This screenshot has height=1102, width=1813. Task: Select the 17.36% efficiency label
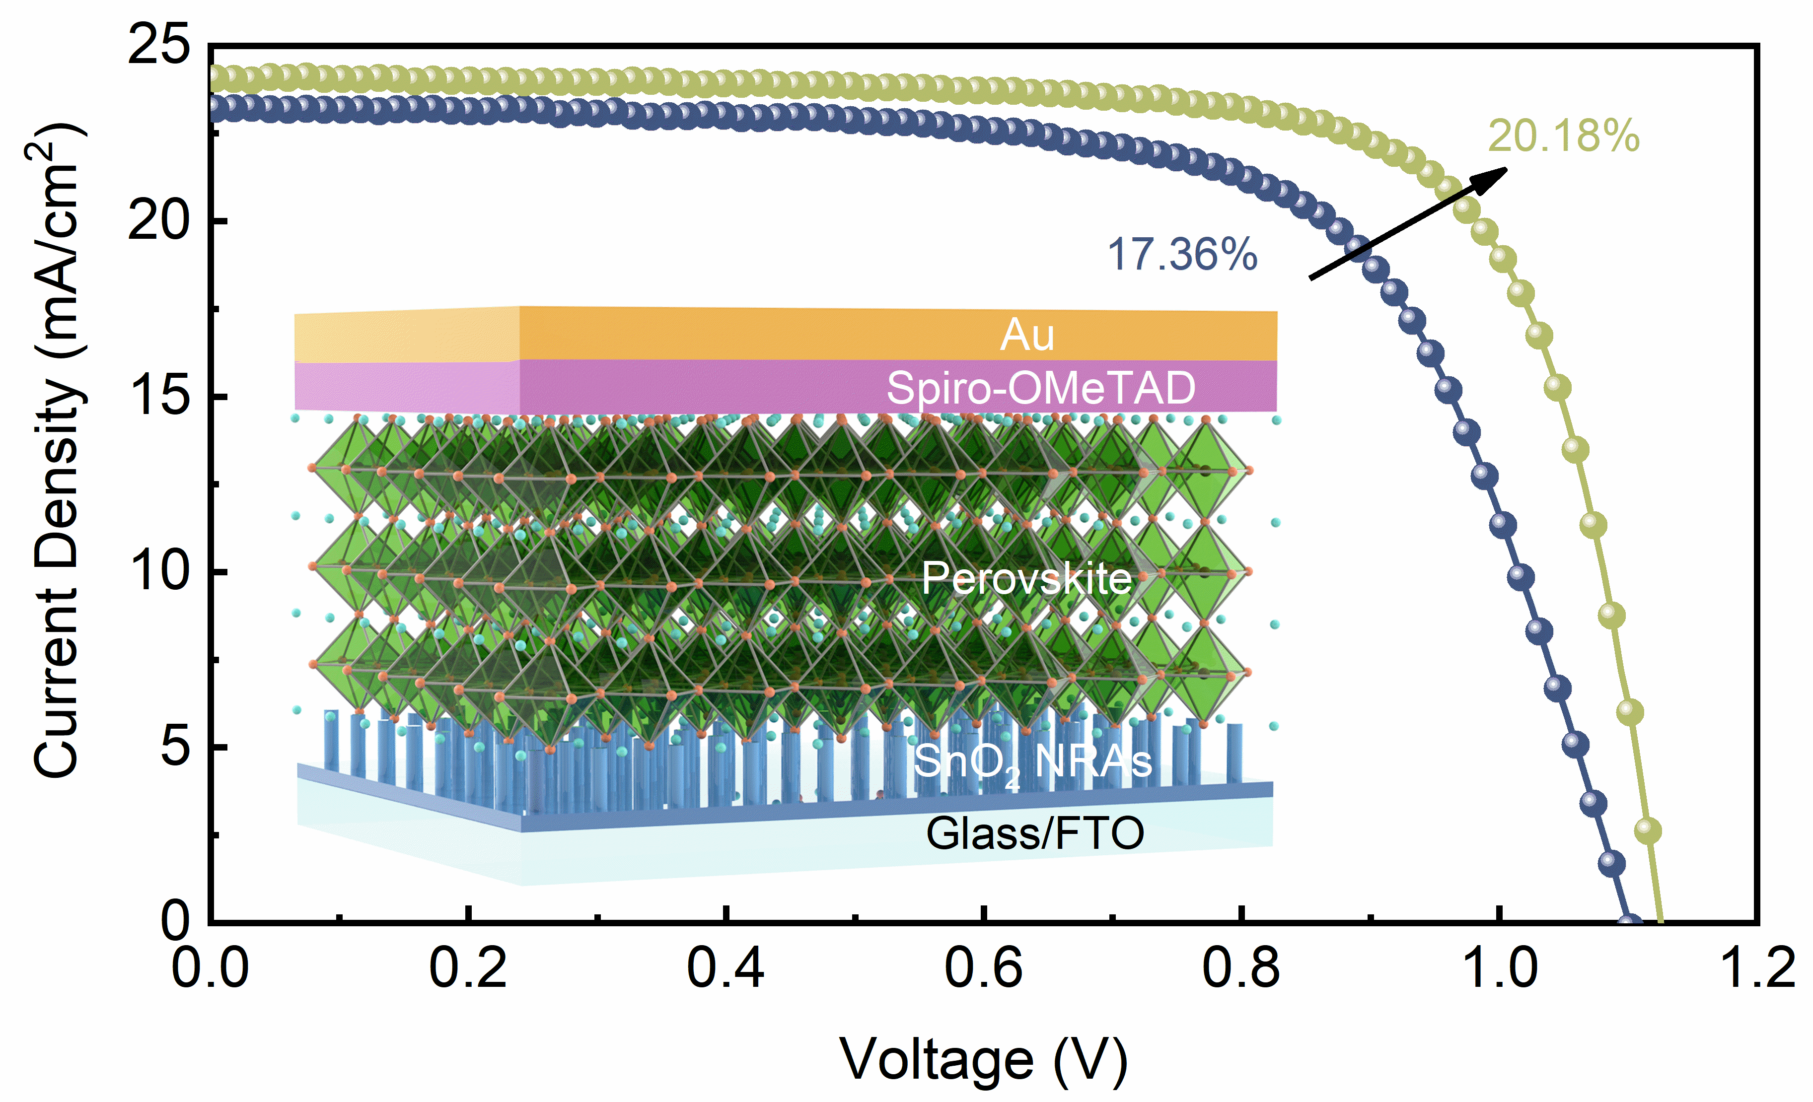1182,255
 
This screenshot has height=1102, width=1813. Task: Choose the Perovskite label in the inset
1026,578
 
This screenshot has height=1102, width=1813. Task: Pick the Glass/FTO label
1034,833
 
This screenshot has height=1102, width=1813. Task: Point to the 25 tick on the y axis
158,46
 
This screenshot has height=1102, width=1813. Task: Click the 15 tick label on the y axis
158,397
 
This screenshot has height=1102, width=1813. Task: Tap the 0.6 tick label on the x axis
983,969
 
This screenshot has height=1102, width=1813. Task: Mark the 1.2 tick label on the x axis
1757,969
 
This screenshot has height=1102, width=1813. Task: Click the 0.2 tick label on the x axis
468,969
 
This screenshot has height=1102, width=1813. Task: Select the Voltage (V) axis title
984,1061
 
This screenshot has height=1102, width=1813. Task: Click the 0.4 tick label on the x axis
725,969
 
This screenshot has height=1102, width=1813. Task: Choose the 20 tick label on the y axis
158,221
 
